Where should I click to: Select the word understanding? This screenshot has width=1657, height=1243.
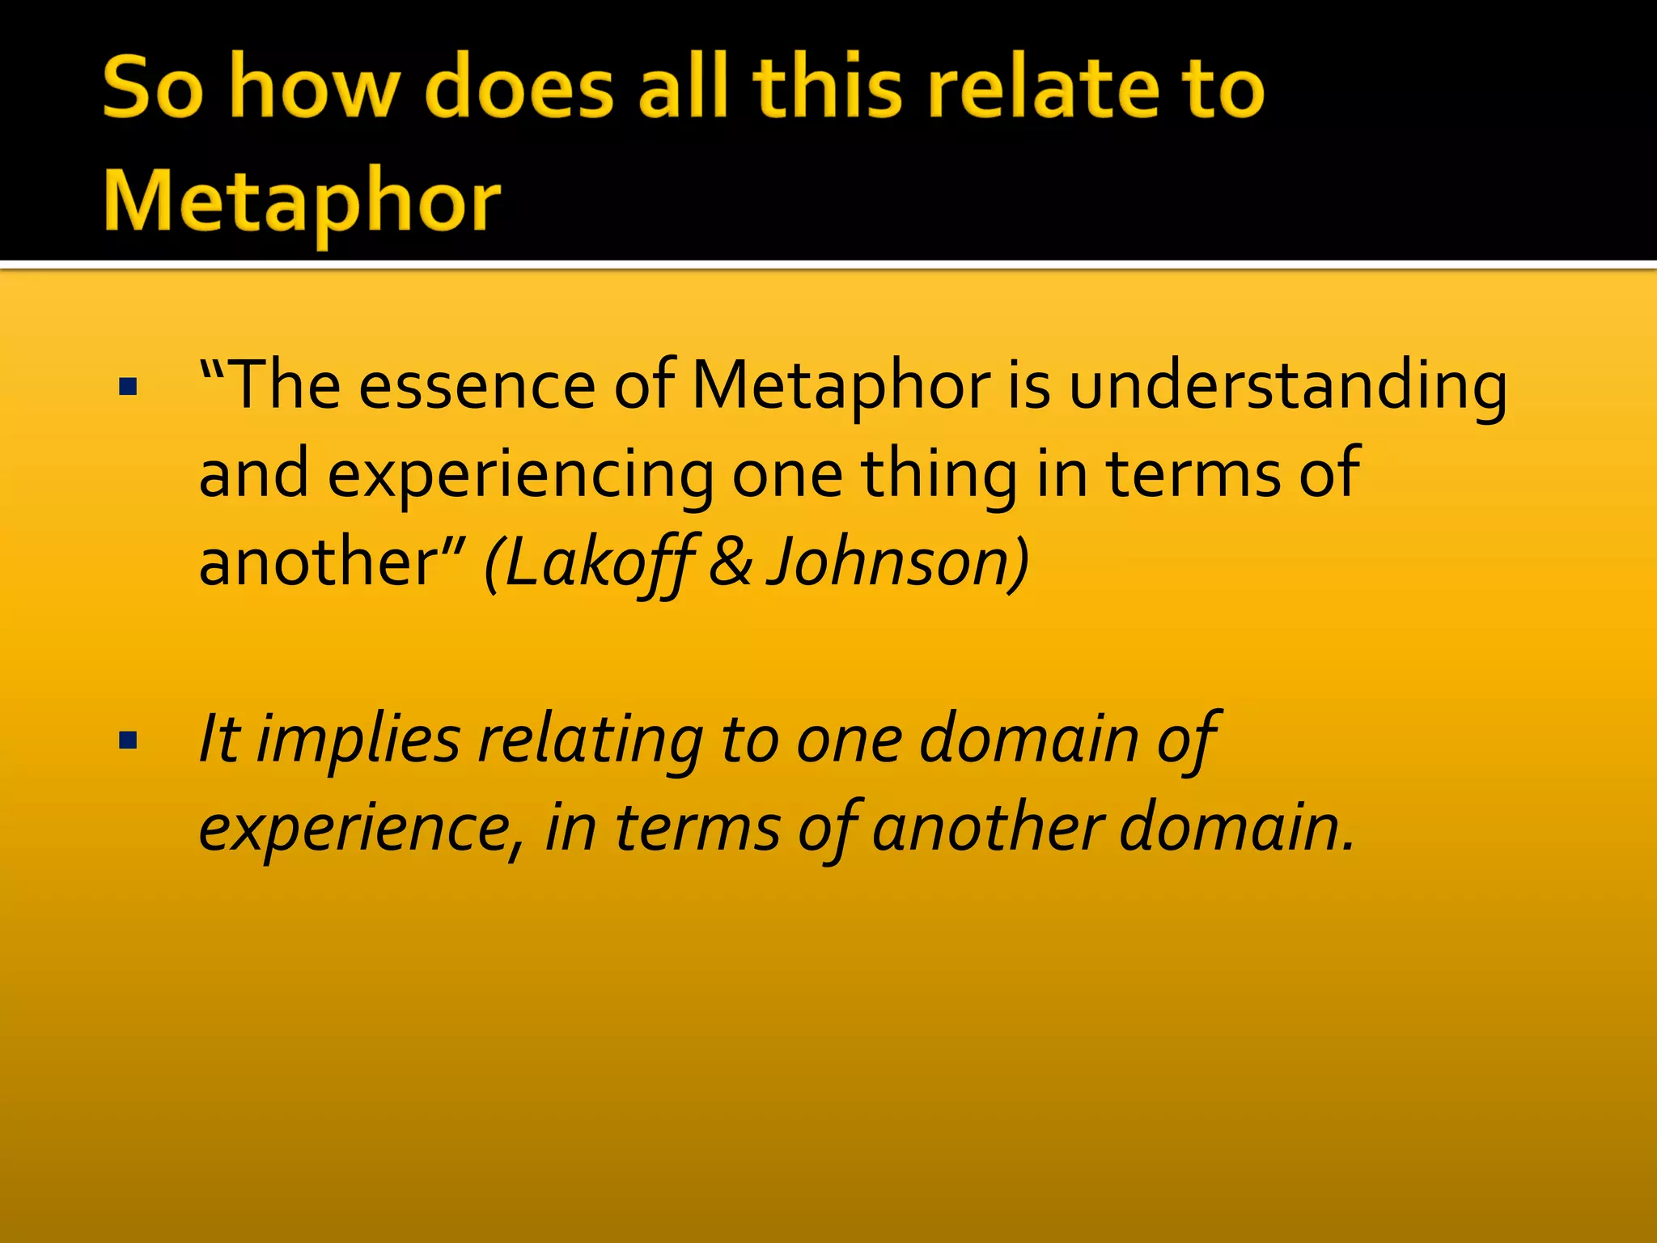(x=1287, y=387)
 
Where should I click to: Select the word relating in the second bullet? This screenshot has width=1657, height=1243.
(x=591, y=740)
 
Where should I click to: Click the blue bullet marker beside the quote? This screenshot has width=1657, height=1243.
(x=128, y=388)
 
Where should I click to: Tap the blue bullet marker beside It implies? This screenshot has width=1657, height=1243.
(x=128, y=740)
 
